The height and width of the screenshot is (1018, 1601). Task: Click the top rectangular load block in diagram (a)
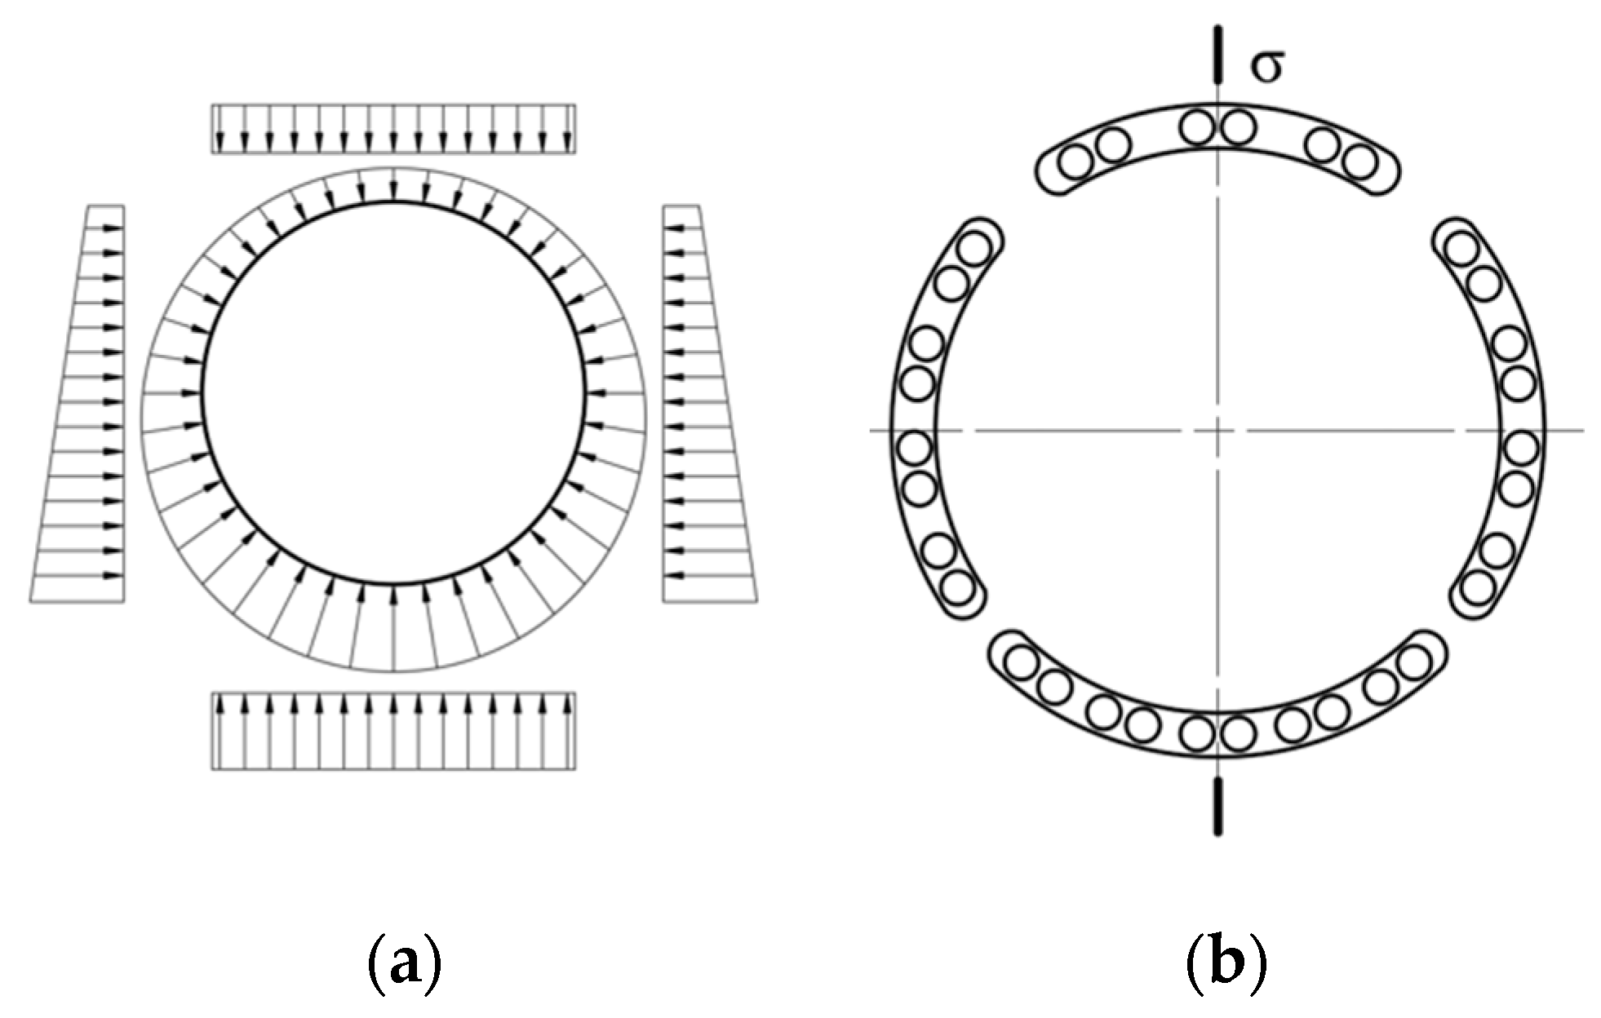pyautogui.click(x=393, y=129)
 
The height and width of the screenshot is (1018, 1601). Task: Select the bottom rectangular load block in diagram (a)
pyautogui.click(x=393, y=731)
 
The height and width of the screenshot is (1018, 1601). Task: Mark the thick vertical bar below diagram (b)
pyautogui.click(x=1217, y=806)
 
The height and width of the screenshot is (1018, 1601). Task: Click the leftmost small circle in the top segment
pyautogui.click(x=1075, y=162)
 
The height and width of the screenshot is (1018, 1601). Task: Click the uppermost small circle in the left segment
pyautogui.click(x=973, y=249)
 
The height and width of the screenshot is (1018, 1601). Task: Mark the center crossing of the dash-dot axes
pyautogui.click(x=1217, y=430)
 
